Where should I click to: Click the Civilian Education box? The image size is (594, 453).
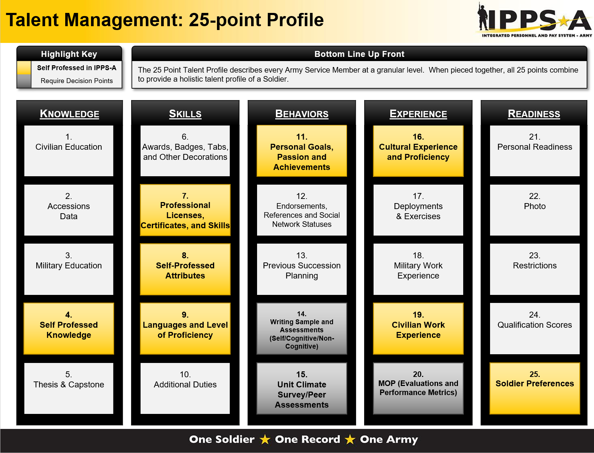[69, 151]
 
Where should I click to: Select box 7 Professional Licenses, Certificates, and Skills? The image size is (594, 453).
[185, 210]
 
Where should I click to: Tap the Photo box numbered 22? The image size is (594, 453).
[535, 210]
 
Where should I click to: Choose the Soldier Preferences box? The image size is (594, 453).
[535, 388]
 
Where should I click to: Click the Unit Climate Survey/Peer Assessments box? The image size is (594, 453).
[302, 388]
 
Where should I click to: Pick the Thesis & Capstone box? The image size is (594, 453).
[69, 388]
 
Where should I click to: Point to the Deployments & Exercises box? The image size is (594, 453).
[418, 210]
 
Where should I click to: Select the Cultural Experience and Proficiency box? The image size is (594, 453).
[418, 151]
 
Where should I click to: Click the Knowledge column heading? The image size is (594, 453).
[69, 114]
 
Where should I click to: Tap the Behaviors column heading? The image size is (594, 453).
[302, 114]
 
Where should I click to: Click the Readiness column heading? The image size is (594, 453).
[534, 114]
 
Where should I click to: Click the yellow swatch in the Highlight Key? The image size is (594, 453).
[24, 68]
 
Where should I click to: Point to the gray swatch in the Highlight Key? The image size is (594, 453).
[24, 81]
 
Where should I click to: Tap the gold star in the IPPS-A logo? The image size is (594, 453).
[563, 22]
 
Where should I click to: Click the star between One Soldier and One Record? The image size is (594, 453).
[265, 439]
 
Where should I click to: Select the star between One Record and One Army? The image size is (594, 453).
[350, 439]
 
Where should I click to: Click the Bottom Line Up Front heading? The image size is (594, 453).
[359, 54]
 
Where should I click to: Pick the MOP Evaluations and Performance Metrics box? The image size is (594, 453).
[418, 388]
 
